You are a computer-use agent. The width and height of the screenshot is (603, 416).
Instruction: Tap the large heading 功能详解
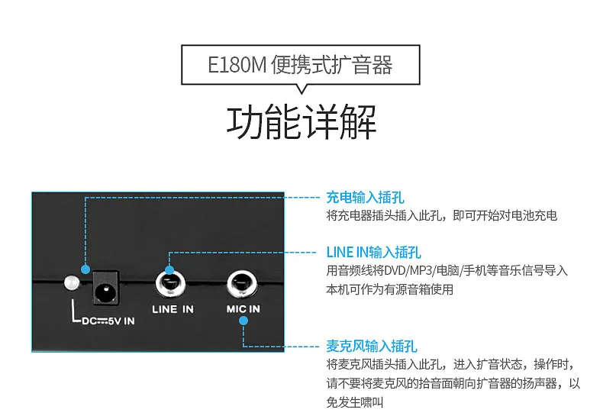pos(301,123)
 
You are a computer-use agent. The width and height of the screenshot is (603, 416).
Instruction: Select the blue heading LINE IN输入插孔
pos(373,252)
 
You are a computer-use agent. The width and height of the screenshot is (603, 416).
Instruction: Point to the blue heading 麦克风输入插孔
pos(372,346)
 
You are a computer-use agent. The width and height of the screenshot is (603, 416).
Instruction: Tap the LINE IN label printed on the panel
pos(173,309)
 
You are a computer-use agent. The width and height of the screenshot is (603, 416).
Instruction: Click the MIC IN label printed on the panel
pos(243,308)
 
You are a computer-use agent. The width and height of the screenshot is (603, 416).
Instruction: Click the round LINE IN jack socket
pos(170,285)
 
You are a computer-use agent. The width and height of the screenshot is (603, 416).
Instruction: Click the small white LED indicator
pos(73,282)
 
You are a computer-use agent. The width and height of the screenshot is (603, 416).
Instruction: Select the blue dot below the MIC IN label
pos(243,321)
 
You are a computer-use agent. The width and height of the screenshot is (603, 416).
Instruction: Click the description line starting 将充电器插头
pos(441,215)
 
